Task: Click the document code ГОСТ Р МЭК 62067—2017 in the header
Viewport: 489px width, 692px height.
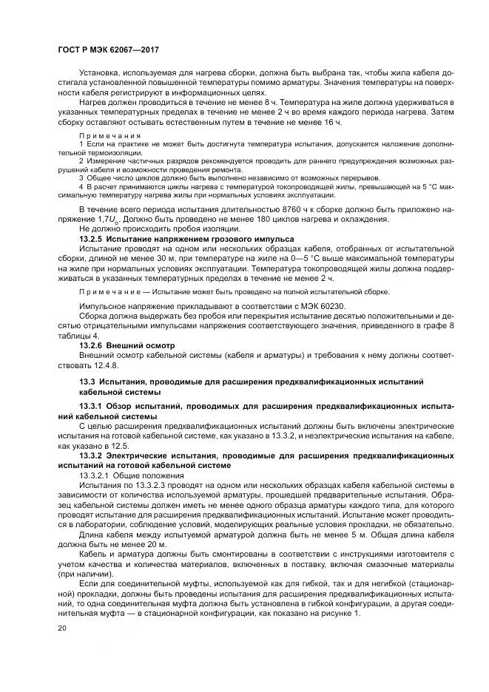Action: (109, 50)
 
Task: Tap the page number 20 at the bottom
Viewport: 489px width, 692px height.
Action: (61, 628)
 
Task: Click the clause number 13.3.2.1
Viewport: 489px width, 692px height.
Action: (95, 475)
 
